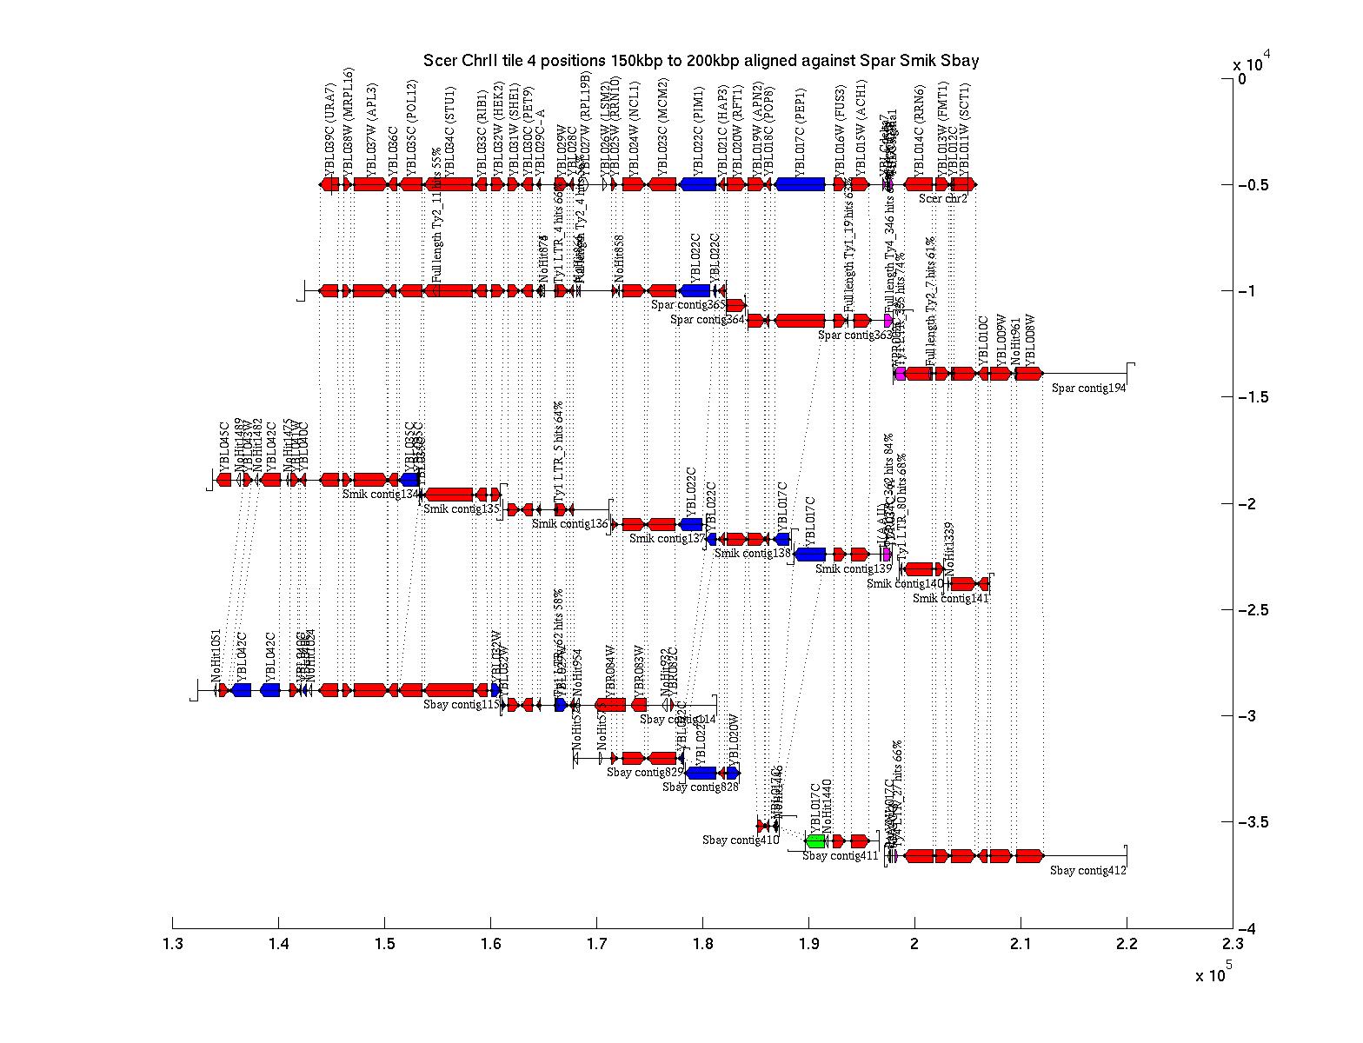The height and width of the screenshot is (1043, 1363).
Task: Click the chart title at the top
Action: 701,61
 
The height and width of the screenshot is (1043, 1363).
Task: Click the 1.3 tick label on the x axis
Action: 173,945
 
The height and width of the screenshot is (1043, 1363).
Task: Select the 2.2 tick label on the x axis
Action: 1127,945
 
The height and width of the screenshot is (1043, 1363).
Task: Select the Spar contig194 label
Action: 1088,389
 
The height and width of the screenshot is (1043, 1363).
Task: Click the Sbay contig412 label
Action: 1087,870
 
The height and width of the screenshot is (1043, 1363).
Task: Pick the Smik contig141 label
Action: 950,598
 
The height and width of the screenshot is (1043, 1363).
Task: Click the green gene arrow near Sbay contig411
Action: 815,841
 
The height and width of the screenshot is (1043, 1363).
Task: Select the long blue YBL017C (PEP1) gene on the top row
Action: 800,184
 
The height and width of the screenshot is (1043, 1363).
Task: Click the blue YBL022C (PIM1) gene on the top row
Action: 698,184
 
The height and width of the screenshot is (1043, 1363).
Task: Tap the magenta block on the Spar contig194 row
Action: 901,374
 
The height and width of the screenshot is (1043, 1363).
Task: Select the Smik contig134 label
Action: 381,494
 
